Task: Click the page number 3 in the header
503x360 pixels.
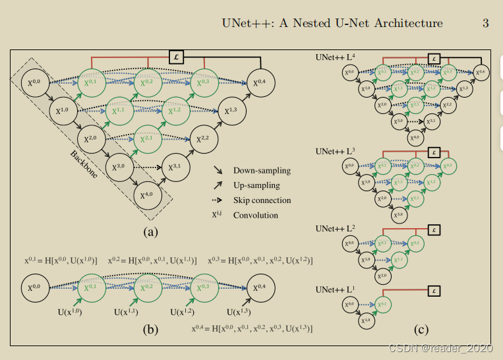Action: (485, 24)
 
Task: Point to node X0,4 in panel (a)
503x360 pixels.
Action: (260, 83)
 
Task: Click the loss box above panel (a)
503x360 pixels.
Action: (176, 57)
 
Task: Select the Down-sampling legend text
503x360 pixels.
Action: (262, 171)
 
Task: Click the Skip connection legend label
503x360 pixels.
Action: (262, 200)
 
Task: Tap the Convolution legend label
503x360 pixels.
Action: (256, 215)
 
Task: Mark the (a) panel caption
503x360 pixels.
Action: (150, 231)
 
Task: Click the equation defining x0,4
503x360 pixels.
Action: (252, 328)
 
